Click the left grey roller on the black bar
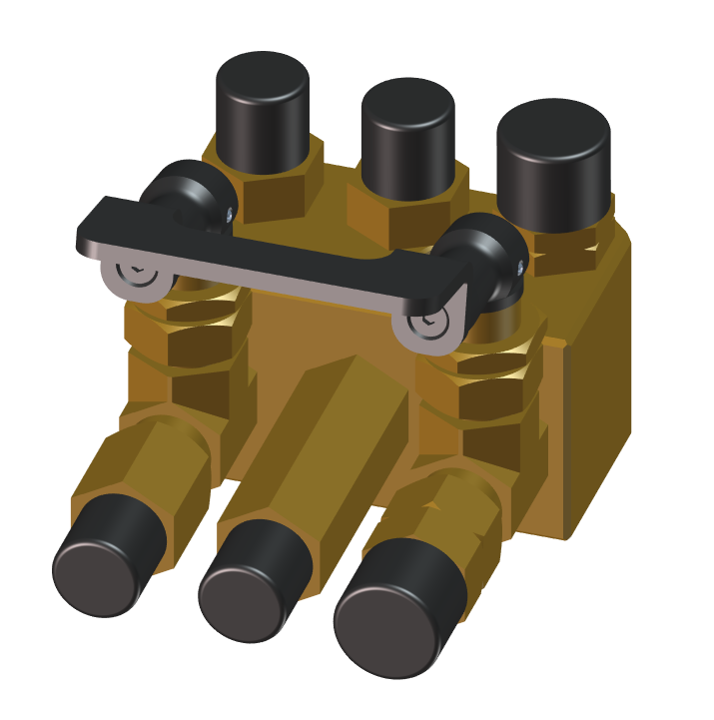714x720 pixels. [135, 274]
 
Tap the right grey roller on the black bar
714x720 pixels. [429, 324]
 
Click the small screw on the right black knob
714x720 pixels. [520, 267]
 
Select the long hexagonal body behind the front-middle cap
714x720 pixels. [320, 439]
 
